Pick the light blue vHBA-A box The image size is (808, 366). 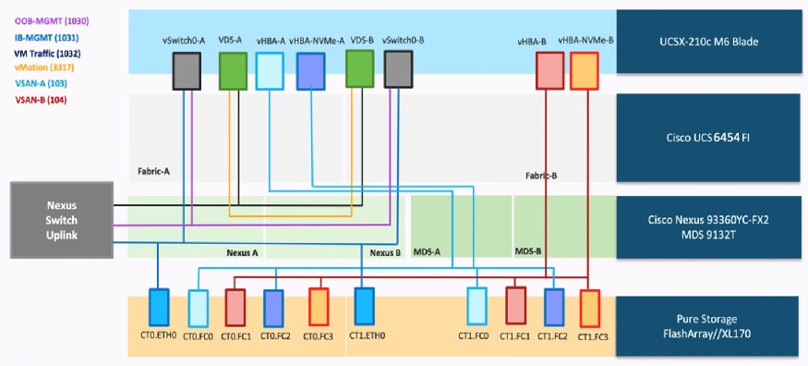point(270,70)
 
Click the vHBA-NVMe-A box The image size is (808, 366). point(311,70)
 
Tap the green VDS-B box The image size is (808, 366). point(359,67)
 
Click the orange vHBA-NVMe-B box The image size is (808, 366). point(585,71)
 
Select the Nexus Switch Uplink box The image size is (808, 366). point(62,214)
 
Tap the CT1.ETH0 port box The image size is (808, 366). point(363,306)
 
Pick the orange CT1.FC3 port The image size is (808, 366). point(590,306)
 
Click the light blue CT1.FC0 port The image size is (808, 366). point(476,306)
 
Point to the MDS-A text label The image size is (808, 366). point(426,250)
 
